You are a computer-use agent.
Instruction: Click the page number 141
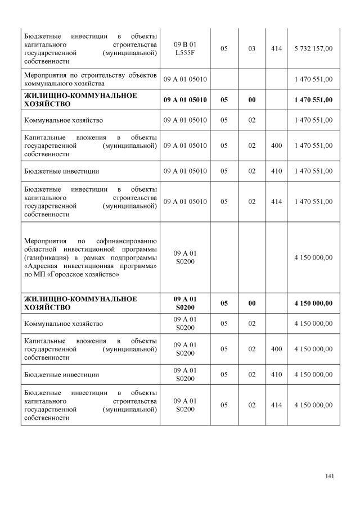coord(330,477)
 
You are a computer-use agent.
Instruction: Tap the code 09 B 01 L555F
coord(185,49)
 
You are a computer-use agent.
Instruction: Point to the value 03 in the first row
coord(251,49)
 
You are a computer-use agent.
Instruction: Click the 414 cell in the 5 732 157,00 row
coord(276,49)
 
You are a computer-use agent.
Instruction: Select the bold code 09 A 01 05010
coord(185,99)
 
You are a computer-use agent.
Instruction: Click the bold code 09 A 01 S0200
coord(185,303)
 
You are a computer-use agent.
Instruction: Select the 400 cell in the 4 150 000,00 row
coord(276,349)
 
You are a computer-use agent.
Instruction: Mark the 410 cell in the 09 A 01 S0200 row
coord(276,374)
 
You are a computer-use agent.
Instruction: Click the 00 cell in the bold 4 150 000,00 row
coord(251,303)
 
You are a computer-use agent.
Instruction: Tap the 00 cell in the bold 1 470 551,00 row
coord(251,99)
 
